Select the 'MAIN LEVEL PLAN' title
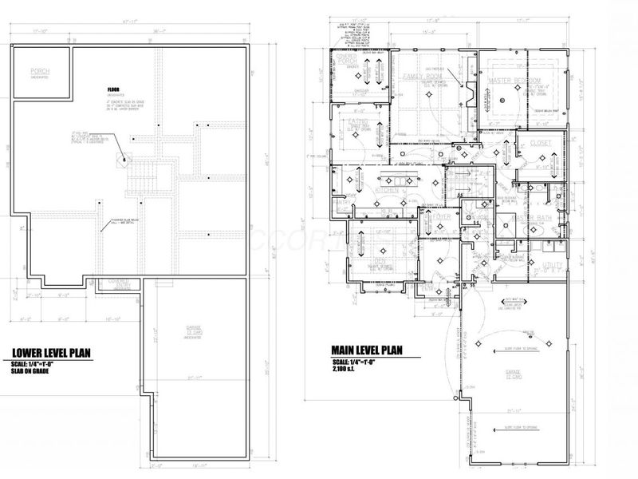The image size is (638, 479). point(365,349)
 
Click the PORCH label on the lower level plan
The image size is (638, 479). point(40,72)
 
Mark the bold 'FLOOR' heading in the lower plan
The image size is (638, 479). point(116,89)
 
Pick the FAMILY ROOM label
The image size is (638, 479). point(423,77)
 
